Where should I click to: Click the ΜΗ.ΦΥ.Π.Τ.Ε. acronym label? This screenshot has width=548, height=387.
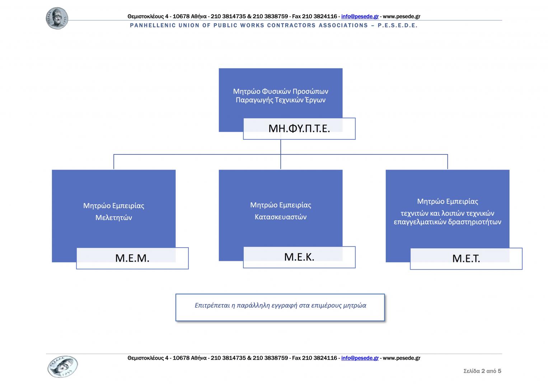[299, 128]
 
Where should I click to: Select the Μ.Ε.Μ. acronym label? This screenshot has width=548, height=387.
[132, 258]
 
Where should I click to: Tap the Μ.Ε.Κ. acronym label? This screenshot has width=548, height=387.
[299, 257]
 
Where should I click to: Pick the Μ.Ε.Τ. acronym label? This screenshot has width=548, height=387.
[466, 258]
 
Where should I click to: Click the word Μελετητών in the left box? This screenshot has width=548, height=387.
[114, 218]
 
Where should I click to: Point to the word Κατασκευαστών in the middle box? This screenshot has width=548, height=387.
[281, 217]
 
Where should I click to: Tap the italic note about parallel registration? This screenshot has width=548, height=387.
[280, 306]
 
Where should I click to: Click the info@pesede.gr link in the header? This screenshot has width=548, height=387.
[360, 16]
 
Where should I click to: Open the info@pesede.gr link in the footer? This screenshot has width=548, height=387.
[360, 358]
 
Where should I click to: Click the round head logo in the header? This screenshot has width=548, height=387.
[57, 18]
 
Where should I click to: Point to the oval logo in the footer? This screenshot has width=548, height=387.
[62, 367]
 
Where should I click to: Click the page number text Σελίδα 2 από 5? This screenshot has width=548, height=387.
[482, 371]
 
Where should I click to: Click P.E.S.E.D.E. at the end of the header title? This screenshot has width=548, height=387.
[398, 25]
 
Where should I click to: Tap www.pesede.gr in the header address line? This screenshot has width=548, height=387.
[402, 16]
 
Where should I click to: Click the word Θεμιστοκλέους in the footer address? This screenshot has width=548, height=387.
[145, 358]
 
